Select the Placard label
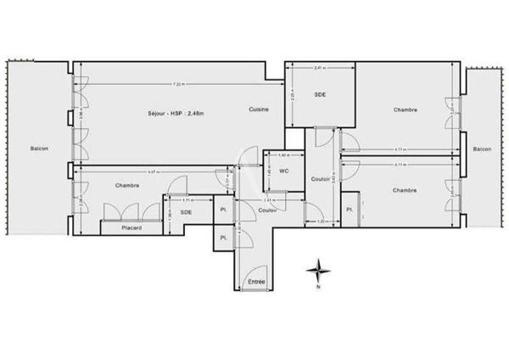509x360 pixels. coord(131,228)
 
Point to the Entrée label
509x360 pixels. coord(256,282)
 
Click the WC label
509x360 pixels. coord(285,171)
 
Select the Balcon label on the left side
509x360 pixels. coord(39,149)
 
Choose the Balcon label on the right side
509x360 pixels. coord(481,149)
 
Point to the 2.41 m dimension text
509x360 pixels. coord(319,68)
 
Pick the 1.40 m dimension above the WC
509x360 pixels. coord(284,156)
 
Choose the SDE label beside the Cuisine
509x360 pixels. coord(320,94)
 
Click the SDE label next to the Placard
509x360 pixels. coord(186,212)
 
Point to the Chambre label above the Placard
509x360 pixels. coord(127,185)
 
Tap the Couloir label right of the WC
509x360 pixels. coord(320,180)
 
